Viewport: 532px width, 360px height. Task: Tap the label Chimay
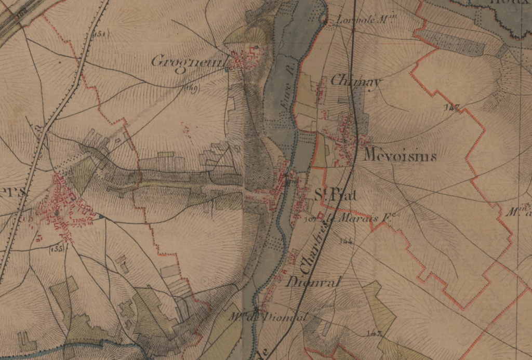tap(356, 82)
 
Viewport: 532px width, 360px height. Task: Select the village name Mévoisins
tap(400, 156)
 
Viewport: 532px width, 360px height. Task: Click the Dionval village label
tap(313, 282)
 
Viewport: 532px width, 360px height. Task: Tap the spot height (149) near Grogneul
tap(191, 89)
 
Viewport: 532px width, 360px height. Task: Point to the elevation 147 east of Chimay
tap(453, 107)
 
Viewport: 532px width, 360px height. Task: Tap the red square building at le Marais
tap(321, 214)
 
